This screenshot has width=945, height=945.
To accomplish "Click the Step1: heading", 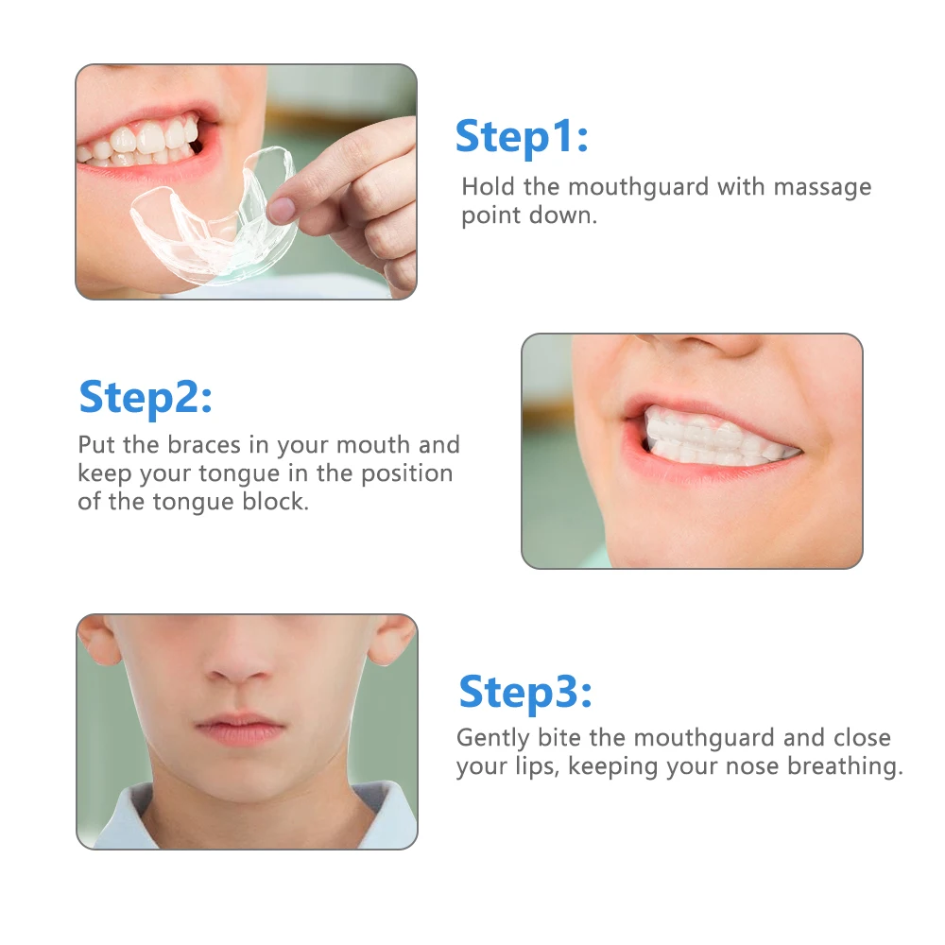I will tap(522, 138).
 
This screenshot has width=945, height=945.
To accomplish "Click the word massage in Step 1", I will tap(818, 187).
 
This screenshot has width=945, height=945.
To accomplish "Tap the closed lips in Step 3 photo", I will tap(238, 728).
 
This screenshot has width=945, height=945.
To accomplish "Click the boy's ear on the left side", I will tap(97, 643).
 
